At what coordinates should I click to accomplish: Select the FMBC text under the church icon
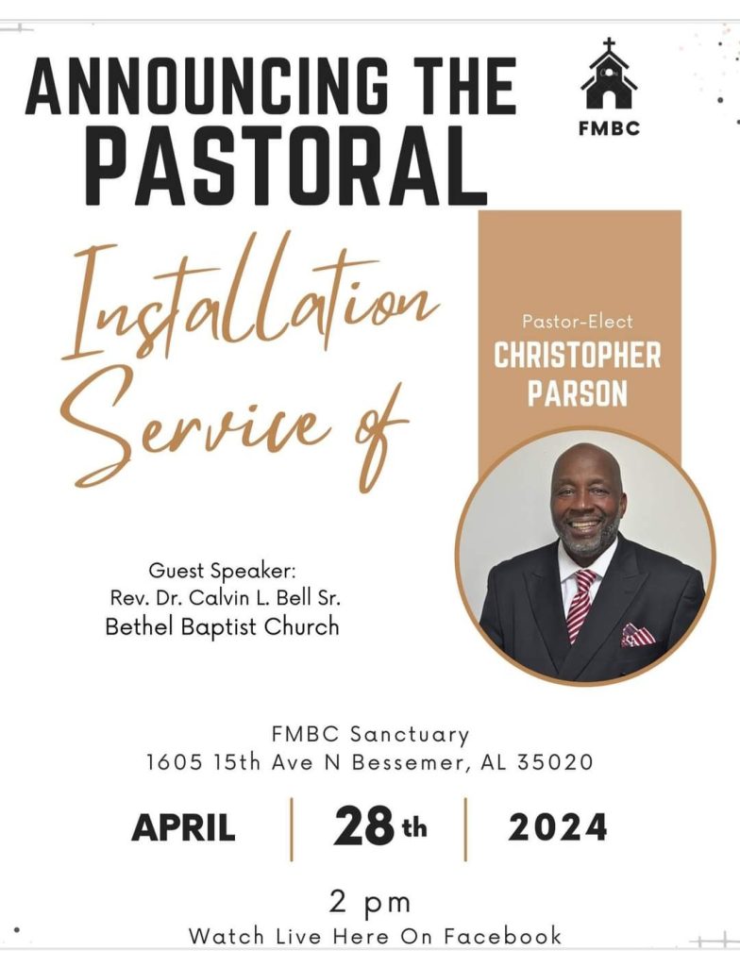(x=609, y=128)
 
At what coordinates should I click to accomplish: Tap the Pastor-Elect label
(x=578, y=321)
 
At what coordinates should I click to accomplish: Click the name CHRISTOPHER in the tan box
(x=578, y=356)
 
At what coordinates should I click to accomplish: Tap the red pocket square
(x=638, y=635)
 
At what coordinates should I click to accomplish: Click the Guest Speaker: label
(x=223, y=571)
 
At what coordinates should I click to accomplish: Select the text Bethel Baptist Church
(x=223, y=626)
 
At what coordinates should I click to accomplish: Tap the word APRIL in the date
(x=184, y=827)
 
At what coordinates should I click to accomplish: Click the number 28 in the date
(x=363, y=826)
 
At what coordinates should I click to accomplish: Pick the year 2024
(x=558, y=827)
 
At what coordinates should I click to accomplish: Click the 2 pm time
(x=370, y=904)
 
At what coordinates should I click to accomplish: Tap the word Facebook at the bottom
(x=502, y=936)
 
